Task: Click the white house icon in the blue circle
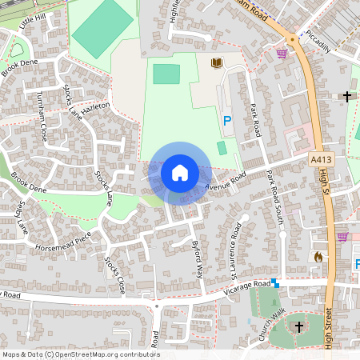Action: click(180, 172)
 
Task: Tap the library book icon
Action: click(216, 62)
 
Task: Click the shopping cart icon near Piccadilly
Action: click(282, 54)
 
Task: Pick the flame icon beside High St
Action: click(318, 257)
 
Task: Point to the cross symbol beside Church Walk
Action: click(299, 326)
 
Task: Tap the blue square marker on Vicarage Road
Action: click(274, 282)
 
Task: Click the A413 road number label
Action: click(321, 160)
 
